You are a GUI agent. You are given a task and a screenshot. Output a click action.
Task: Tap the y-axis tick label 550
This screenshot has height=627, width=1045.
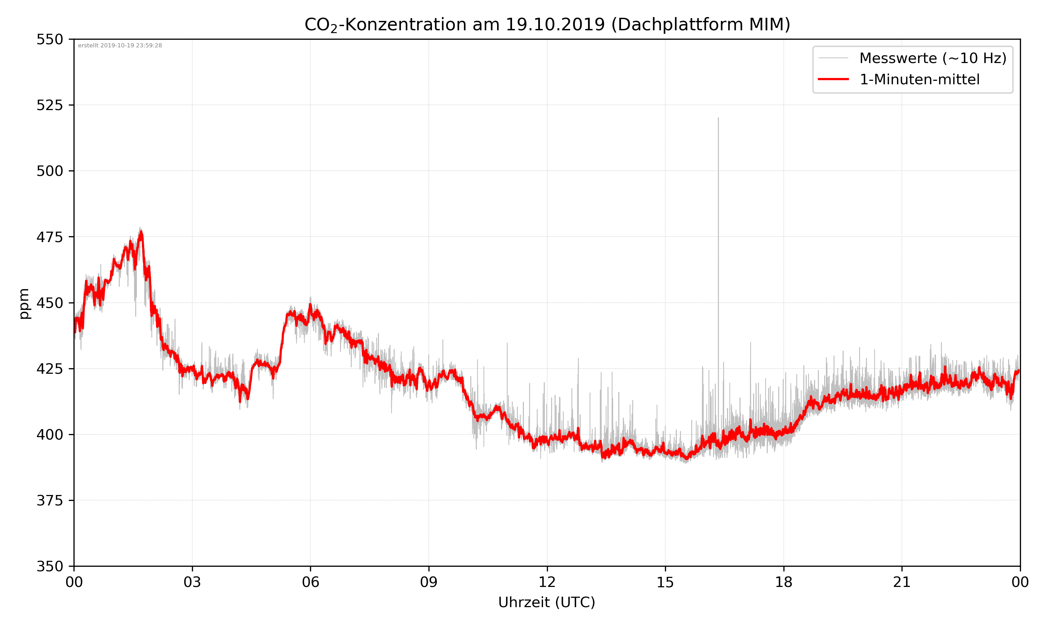[49, 39]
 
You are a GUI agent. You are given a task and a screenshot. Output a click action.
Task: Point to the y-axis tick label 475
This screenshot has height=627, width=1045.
[49, 237]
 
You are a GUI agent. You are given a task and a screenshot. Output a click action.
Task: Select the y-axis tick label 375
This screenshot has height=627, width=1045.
[49, 501]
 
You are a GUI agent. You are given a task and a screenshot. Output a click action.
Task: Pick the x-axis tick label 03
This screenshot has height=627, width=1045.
[192, 582]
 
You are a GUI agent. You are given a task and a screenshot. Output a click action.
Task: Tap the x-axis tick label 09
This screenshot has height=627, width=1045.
[429, 582]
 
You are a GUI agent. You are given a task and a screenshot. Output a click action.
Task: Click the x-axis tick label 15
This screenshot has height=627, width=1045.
[665, 582]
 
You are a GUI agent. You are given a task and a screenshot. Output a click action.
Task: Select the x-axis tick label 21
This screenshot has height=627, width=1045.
[902, 582]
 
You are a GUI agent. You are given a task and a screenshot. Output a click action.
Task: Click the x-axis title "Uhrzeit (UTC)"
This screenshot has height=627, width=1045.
[547, 603]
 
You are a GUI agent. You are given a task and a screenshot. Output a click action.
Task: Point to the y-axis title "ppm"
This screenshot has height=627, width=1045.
[24, 303]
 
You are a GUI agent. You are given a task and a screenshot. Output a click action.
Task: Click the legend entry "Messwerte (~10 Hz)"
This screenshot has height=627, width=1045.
[932, 58]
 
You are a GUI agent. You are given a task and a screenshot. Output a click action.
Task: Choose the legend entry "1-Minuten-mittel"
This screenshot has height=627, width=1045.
[919, 79]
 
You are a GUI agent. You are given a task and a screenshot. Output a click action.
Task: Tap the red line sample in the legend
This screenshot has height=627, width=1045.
[833, 79]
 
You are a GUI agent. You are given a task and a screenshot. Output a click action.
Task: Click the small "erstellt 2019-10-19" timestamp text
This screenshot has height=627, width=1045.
[120, 46]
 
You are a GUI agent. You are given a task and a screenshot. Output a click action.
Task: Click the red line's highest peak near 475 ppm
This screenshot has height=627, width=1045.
[141, 232]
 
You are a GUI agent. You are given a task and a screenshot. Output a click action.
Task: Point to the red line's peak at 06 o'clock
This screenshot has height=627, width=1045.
[310, 305]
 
